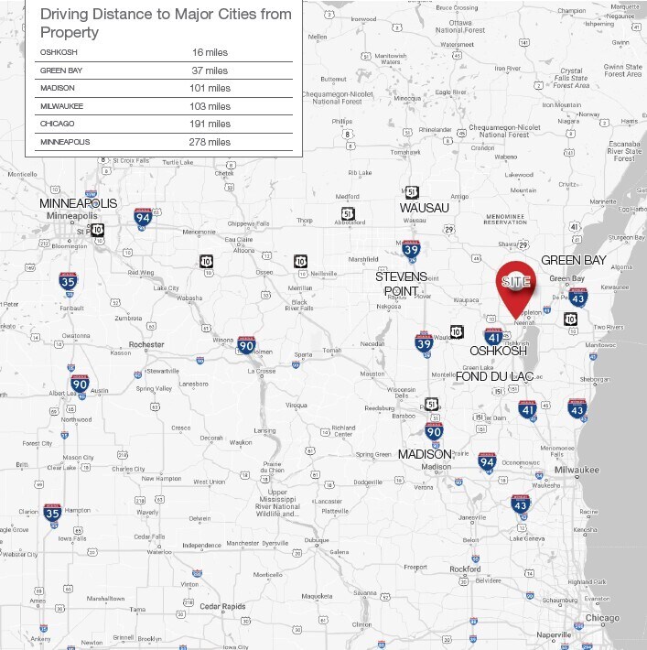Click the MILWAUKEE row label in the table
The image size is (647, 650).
point(61,106)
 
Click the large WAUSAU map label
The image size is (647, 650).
point(424,208)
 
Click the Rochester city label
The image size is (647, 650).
point(146,344)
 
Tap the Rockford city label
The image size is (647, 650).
point(465,569)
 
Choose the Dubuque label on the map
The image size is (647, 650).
point(318,540)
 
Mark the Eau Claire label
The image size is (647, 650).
point(240,240)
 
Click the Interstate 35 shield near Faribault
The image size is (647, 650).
point(68,282)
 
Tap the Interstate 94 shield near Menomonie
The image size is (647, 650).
point(143,216)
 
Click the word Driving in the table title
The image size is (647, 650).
point(71,15)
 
